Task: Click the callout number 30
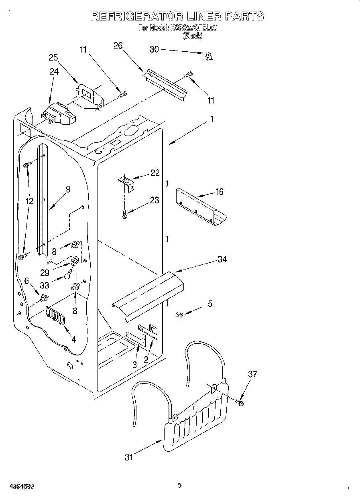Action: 154,49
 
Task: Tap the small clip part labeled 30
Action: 208,57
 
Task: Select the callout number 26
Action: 118,45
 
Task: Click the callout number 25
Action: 53,57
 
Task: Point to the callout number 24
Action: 54,71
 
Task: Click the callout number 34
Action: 222,259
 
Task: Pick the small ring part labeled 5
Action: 179,316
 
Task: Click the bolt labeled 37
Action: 240,402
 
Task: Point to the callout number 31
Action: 128,457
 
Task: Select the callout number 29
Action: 45,272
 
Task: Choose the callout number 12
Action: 29,201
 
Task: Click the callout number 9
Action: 68,189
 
